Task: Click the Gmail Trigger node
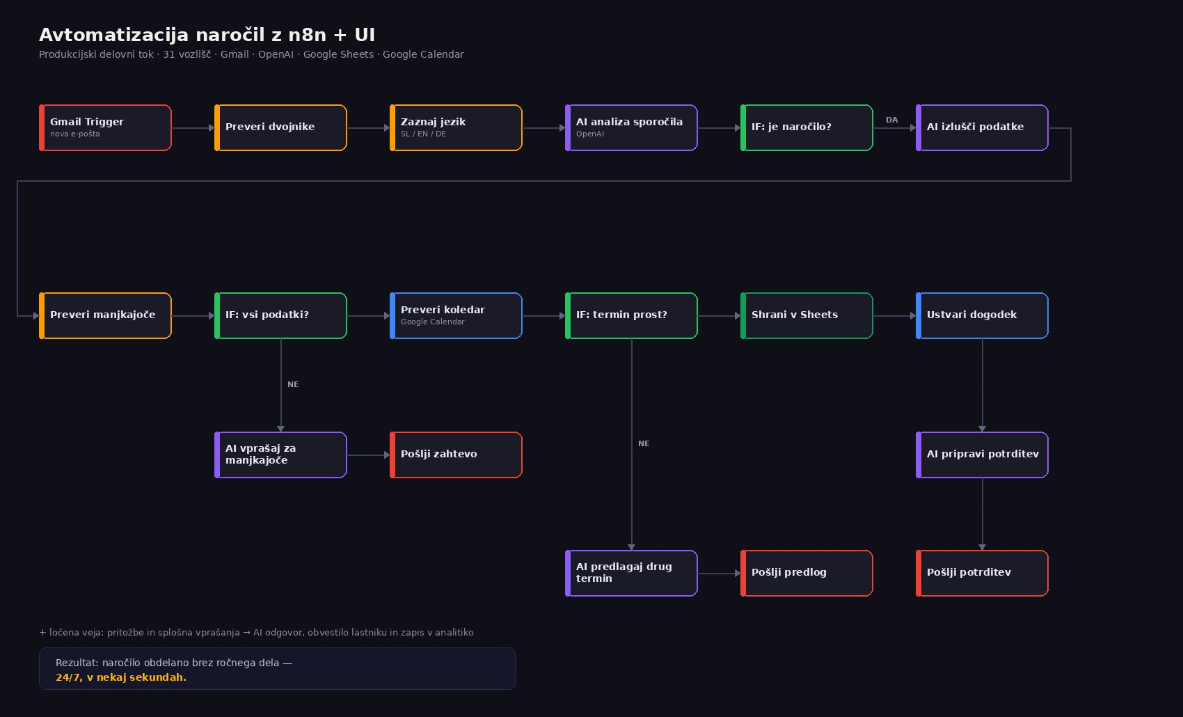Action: tap(105, 128)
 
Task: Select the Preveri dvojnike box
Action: tap(280, 128)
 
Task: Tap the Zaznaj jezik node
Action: tap(456, 128)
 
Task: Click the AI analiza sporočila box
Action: tap(631, 128)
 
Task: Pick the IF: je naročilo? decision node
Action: tap(807, 128)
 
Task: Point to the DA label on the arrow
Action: tap(891, 120)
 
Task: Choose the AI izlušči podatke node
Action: tap(982, 128)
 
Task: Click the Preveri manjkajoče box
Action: tap(105, 315)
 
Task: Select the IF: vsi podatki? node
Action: tap(280, 315)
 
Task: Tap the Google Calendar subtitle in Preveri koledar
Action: tap(433, 322)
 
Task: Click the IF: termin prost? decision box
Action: tap(631, 315)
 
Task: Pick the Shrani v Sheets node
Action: tap(807, 315)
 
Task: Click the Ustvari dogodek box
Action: tap(982, 315)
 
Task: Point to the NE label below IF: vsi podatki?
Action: tap(293, 385)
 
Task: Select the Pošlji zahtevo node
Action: tap(456, 455)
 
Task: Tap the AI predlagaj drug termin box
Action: tap(631, 574)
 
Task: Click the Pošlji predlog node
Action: tap(807, 574)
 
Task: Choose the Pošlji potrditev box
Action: tap(982, 574)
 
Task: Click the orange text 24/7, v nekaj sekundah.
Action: tap(121, 677)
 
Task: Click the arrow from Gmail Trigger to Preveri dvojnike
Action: tap(193, 128)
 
